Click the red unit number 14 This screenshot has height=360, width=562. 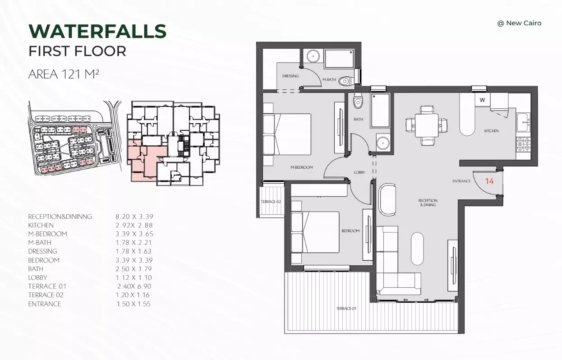tap(489, 181)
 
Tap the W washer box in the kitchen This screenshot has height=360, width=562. tap(482, 100)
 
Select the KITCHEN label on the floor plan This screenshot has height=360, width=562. tap(491, 131)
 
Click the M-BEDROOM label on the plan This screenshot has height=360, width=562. tap(302, 167)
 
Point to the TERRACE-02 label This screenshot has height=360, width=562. tap(271, 202)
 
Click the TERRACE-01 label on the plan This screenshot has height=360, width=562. tap(346, 308)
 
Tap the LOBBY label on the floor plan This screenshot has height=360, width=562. tap(359, 172)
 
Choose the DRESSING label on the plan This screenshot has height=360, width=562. tap(290, 76)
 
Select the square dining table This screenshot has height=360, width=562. tap(427, 125)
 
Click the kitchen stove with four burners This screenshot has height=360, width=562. tap(523, 144)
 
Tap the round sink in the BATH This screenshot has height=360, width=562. tap(383, 143)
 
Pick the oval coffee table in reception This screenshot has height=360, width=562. tap(417, 249)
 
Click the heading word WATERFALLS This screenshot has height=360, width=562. tap(97, 32)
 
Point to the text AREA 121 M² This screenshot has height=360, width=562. tap(64, 74)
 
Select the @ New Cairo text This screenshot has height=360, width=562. tap(519, 23)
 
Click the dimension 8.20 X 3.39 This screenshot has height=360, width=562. tap(134, 217)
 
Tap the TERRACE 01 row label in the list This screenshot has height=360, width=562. tap(47, 286)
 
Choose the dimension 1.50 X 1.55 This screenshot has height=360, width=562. tap(134, 304)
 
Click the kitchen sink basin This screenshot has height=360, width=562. tap(523, 122)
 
